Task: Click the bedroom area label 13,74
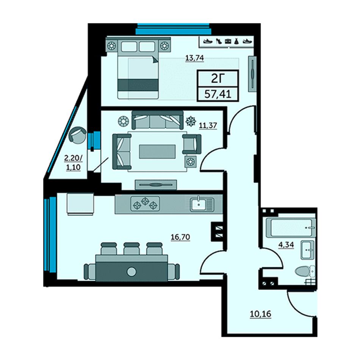pyautogui.click(x=195, y=58)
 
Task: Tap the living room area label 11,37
pyautogui.click(x=208, y=125)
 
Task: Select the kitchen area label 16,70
pyautogui.click(x=180, y=237)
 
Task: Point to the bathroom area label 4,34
pyautogui.click(x=286, y=245)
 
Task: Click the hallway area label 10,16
pyautogui.click(x=260, y=314)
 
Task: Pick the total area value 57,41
pyautogui.click(x=218, y=94)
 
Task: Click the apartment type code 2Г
pyautogui.click(x=218, y=79)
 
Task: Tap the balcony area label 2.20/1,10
pyautogui.click(x=74, y=163)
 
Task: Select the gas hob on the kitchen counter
pyautogui.click(x=145, y=203)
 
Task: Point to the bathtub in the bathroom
pyautogui.click(x=291, y=228)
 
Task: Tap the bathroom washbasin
pyautogui.click(x=307, y=250)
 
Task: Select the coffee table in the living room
pyautogui.click(x=158, y=152)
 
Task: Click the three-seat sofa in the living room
pyautogui.click(x=158, y=120)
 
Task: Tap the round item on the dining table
pyautogui.click(x=131, y=272)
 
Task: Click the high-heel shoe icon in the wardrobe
pyautogui.click(x=219, y=41)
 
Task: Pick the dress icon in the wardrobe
pyautogui.click(x=237, y=41)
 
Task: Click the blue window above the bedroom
pyautogui.click(x=173, y=29)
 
